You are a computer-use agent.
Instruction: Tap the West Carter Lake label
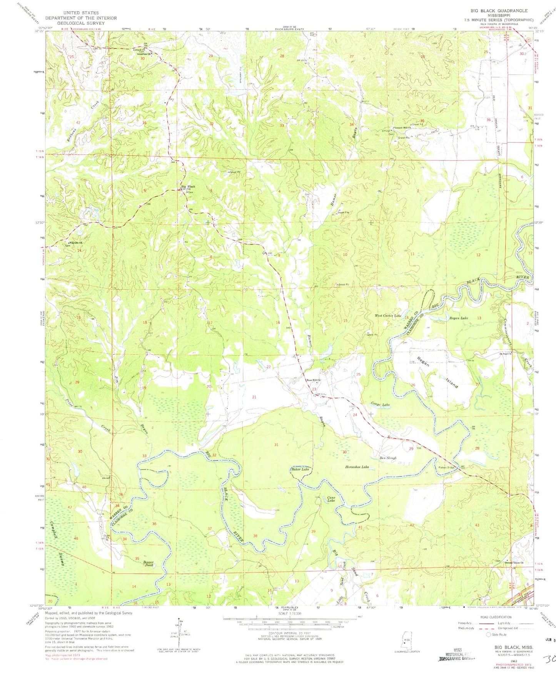coord(388,315)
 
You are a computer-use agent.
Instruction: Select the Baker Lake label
coord(300,469)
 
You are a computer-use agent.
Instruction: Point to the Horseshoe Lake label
coord(357,467)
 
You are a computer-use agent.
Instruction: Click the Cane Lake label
coord(331,499)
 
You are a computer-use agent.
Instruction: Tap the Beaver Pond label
coord(149,564)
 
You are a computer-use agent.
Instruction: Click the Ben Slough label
coord(388,458)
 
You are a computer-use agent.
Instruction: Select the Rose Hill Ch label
coord(313,380)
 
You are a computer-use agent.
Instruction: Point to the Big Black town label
coord(188,187)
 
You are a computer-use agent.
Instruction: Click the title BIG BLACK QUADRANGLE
coord(500,11)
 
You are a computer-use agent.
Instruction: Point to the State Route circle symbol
coord(489,634)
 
